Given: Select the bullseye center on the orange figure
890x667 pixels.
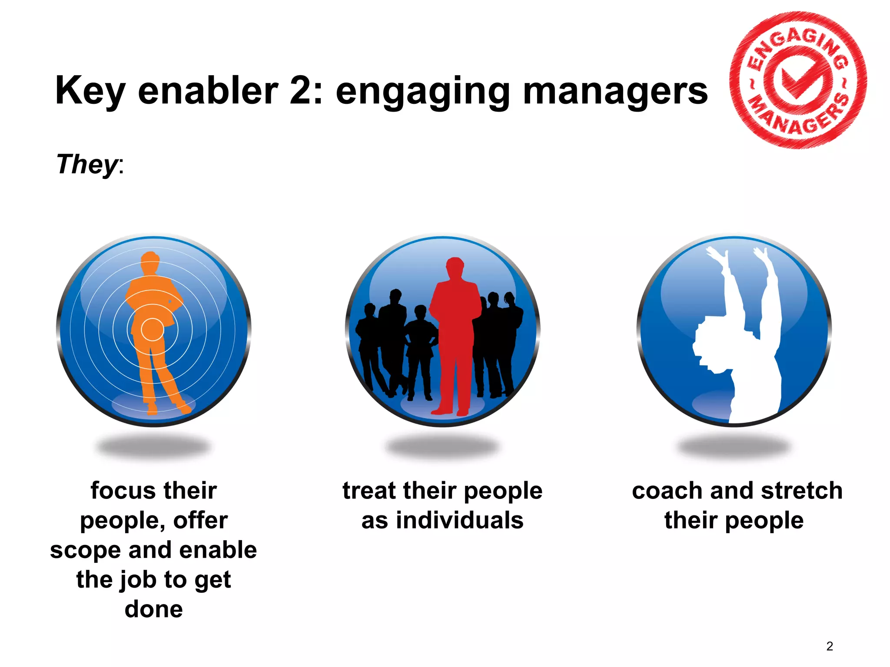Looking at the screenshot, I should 152,330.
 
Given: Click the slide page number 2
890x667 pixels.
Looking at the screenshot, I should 830,647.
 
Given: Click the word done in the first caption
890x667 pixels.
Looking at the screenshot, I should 153,609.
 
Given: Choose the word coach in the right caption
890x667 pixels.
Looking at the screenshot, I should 667,491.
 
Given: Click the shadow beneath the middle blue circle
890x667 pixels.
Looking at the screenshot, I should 442,446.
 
